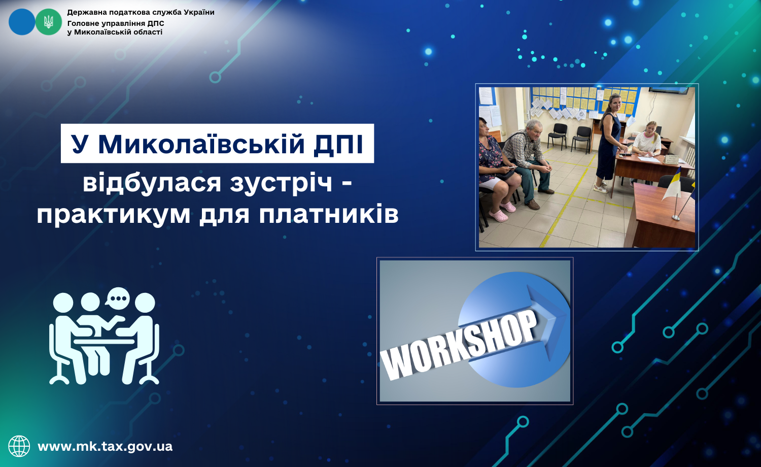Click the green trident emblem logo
coord(49,22)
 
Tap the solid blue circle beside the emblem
coord(22,22)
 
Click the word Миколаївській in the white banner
coord(201,144)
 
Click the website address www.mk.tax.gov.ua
coord(105,446)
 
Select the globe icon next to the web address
coord(19,446)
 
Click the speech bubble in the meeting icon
coord(118,298)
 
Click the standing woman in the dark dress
coord(610,143)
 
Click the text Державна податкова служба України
coord(141,13)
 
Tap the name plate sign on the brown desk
coord(671,159)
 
